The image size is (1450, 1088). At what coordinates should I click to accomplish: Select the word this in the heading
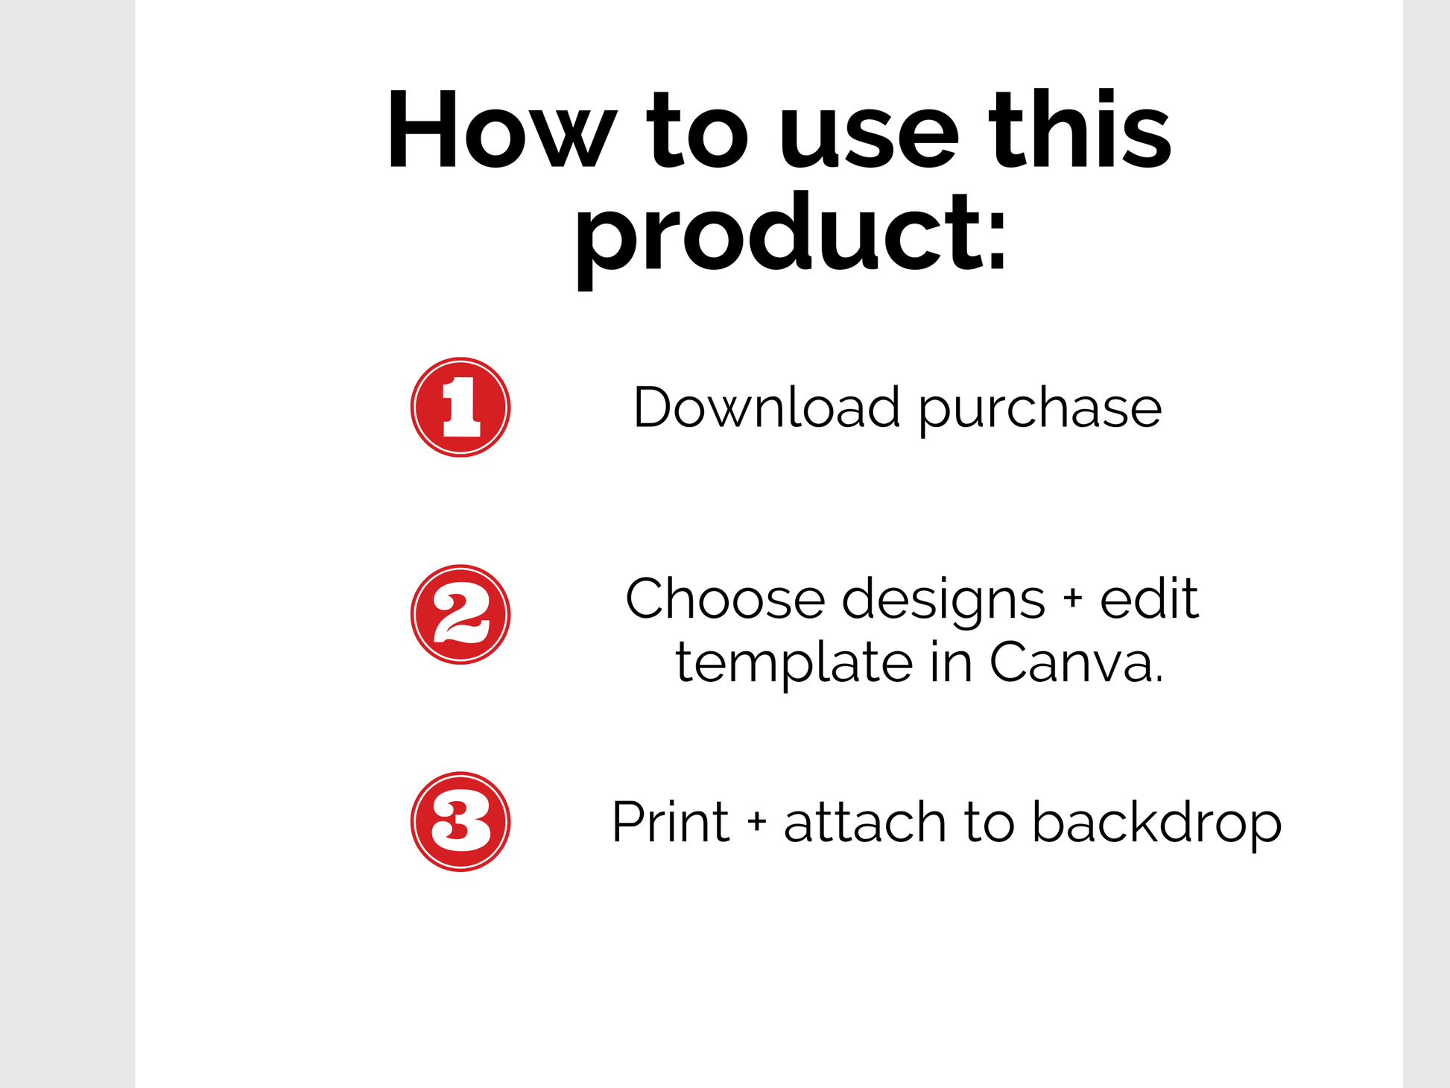(1080, 128)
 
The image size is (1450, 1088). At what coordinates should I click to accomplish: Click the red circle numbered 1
(460, 407)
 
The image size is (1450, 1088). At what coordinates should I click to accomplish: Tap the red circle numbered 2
(460, 614)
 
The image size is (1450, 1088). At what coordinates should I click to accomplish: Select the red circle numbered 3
(460, 821)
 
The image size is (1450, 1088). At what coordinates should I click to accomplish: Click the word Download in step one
(767, 407)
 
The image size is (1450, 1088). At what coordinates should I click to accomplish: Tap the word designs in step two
(944, 602)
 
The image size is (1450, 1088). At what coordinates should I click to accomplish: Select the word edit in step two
(1150, 598)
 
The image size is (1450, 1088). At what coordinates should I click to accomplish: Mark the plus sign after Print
(757, 820)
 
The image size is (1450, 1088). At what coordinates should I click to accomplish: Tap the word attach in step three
(865, 821)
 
